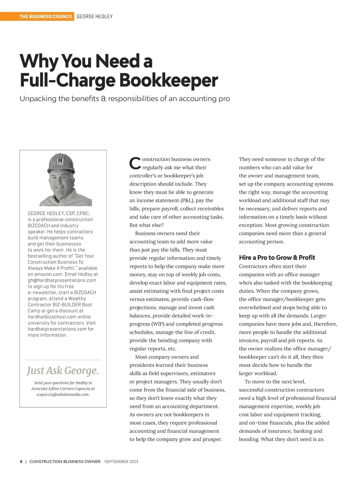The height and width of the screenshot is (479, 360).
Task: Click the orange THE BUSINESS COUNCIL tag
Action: [x=46, y=16]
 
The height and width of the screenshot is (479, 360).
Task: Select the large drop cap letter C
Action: [x=135, y=163]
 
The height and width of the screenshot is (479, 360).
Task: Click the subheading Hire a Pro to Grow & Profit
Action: [x=277, y=257]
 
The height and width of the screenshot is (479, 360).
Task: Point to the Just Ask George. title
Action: [x=63, y=371]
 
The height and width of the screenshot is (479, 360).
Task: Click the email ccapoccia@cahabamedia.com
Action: [x=63, y=394]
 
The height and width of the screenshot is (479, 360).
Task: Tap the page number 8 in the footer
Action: [x=21, y=462]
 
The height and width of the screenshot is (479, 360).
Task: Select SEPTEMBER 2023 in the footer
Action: [x=121, y=462]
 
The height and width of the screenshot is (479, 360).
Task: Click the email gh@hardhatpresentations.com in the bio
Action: [x=62, y=280]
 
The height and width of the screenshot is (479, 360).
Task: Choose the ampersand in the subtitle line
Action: [x=103, y=99]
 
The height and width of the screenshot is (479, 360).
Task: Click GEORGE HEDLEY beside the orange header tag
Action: [x=94, y=16]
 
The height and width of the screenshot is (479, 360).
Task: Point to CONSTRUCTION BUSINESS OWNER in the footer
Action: [x=65, y=462]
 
